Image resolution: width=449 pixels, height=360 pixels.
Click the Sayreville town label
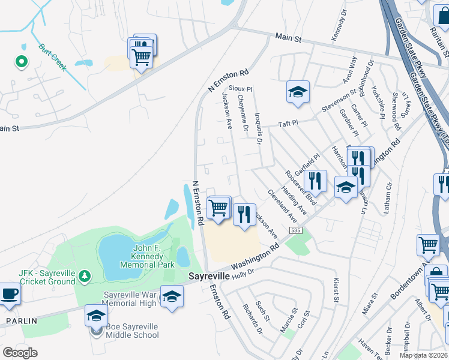click(209, 276)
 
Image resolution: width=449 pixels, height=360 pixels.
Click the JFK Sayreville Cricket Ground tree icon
click(85, 275)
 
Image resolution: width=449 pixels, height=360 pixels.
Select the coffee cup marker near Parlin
click(9, 294)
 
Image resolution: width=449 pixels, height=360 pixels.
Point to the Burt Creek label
click(52, 57)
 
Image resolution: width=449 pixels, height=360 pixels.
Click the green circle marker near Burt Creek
click(20, 61)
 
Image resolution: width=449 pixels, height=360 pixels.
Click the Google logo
click(20, 353)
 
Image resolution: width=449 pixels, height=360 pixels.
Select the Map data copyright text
click(424, 355)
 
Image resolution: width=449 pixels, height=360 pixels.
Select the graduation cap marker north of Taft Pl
click(298, 92)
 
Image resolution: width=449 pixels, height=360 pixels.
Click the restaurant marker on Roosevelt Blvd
click(315, 179)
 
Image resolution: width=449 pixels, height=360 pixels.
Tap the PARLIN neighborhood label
click(21, 321)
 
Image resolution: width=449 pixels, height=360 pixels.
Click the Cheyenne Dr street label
click(243, 112)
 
